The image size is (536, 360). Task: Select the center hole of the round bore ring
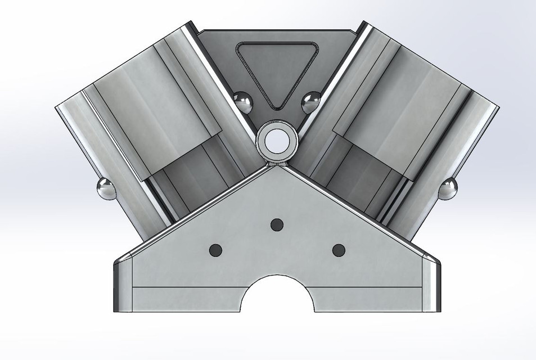pyautogui.click(x=276, y=141)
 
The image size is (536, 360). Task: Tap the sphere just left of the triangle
pyautogui.click(x=244, y=102)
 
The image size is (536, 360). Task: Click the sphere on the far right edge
pyautogui.click(x=448, y=188)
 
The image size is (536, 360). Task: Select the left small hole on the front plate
pyautogui.click(x=215, y=250)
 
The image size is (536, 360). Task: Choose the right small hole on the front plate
pyautogui.click(x=338, y=250)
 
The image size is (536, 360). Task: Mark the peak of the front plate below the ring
pyautogui.click(x=276, y=168)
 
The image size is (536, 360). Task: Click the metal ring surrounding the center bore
pyautogui.click(x=263, y=141)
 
